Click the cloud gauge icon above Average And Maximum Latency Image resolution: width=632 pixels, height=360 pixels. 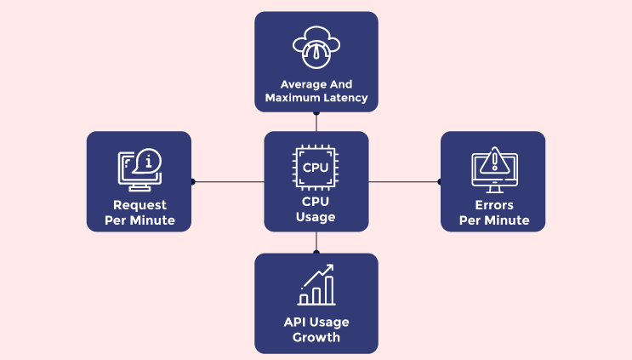[316, 48]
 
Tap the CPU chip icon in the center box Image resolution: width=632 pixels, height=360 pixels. [316, 167]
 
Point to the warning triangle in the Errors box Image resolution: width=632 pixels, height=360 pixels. [493, 161]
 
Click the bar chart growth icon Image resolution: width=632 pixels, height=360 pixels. [316, 286]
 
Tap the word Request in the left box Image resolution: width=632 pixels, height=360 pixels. [139, 205]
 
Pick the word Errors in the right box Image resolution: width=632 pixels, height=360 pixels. [493, 205]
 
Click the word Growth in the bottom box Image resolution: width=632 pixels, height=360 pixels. [316, 337]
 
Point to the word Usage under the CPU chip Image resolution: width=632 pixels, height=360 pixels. [316, 217]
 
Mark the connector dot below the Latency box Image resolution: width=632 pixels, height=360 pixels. [316, 112]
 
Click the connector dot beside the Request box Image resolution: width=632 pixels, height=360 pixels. [193, 181]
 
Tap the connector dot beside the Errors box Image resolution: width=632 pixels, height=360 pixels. [439, 181]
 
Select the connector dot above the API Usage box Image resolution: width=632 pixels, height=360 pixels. [316, 252]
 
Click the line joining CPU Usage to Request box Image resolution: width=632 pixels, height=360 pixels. [229, 181]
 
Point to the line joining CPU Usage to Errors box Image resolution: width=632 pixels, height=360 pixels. [403, 181]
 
